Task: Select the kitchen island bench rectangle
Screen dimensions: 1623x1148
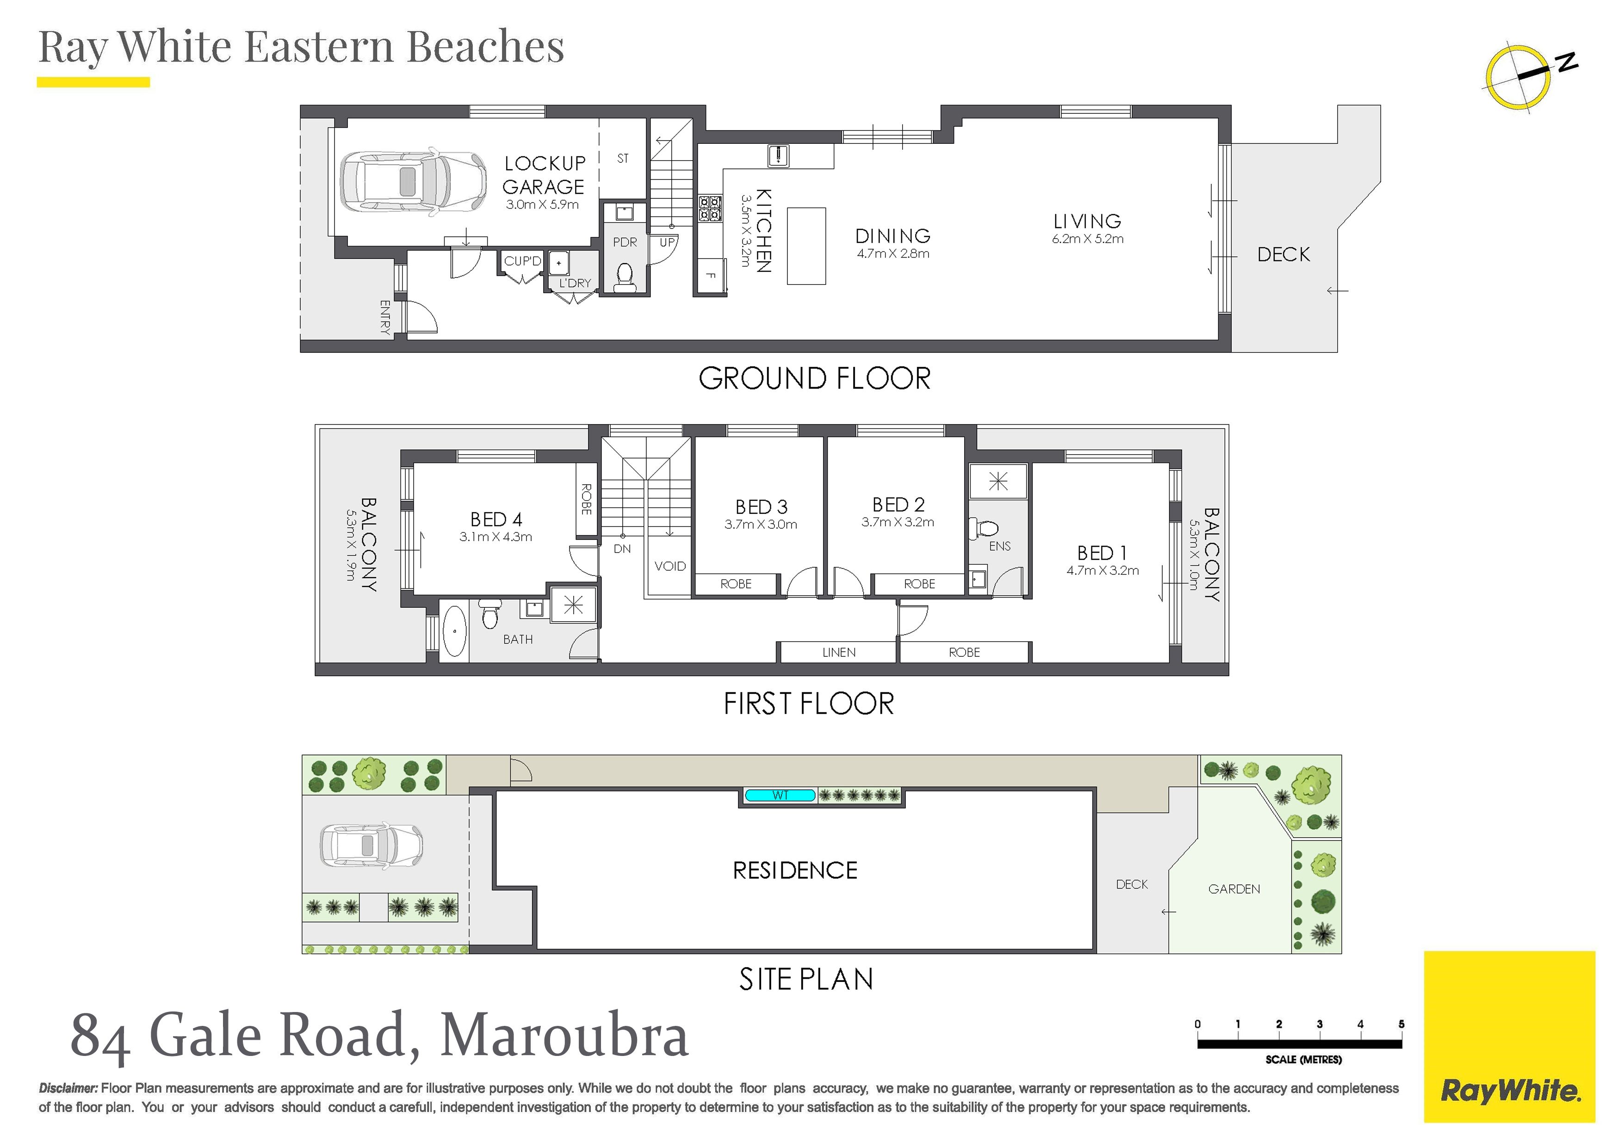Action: [x=806, y=246]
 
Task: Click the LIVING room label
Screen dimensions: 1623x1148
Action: [x=1087, y=221]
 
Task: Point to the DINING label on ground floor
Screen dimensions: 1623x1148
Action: [x=893, y=236]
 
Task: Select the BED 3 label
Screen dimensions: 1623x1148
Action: [x=762, y=507]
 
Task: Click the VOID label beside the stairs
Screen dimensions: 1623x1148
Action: [x=669, y=566]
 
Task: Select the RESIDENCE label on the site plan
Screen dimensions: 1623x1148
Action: [x=795, y=870]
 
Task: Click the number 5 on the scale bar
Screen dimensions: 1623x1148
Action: [x=1401, y=1024]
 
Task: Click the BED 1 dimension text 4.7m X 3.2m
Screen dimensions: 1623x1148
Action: [x=1103, y=570]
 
